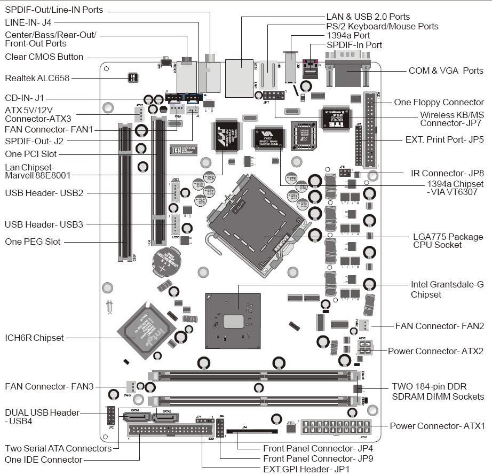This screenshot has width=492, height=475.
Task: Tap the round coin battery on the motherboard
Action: click(165, 261)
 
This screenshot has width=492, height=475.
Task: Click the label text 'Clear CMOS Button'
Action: click(44, 57)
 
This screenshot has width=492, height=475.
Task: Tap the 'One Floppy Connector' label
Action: click(439, 102)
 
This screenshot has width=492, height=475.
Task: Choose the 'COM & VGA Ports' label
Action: click(446, 71)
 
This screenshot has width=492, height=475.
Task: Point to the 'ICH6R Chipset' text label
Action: click(34, 338)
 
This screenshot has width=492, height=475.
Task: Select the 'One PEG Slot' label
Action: click(33, 242)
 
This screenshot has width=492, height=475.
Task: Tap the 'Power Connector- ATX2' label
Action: click(435, 351)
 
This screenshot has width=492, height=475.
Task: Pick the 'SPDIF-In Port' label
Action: click(354, 45)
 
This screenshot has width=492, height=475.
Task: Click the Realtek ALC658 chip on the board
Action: click(133, 78)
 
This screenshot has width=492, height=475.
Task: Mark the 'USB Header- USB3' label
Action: click(44, 224)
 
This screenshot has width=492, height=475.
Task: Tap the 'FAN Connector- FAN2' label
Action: click(439, 325)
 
